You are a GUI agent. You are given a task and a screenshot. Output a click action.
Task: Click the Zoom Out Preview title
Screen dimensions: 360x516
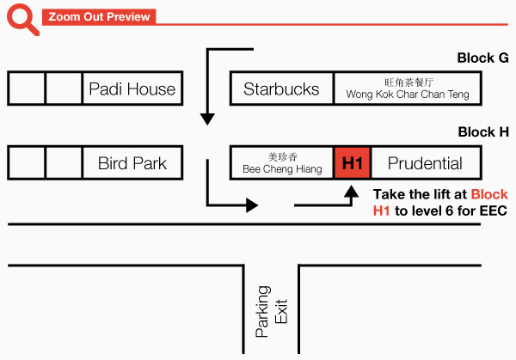coord(98,17)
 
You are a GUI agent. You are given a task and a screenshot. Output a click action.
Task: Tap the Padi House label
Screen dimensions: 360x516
coord(132,88)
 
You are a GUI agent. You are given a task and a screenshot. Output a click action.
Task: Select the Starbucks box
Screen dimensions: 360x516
coord(281,88)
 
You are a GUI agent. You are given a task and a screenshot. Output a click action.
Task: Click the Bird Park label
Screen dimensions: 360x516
coord(132,163)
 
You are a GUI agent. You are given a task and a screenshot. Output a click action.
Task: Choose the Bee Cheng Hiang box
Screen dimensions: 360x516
coord(282,163)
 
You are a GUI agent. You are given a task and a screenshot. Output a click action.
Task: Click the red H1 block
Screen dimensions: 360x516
coord(353,163)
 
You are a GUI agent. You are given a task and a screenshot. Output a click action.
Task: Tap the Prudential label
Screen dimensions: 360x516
coord(425,163)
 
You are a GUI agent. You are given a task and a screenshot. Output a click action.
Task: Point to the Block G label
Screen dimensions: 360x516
coord(482,58)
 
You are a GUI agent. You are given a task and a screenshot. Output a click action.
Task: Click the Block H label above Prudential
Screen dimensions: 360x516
coord(483,132)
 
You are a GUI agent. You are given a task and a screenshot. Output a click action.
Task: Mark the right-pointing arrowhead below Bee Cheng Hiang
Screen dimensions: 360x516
coord(252,205)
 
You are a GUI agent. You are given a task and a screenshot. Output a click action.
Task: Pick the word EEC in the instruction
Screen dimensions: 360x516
coord(493,211)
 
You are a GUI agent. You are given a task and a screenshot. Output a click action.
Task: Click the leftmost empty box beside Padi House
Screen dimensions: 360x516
coord(27,88)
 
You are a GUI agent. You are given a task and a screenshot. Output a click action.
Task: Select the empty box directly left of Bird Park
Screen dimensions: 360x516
coord(64,163)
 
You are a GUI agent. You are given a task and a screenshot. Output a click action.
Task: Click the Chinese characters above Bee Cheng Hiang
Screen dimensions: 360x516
coord(282,156)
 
